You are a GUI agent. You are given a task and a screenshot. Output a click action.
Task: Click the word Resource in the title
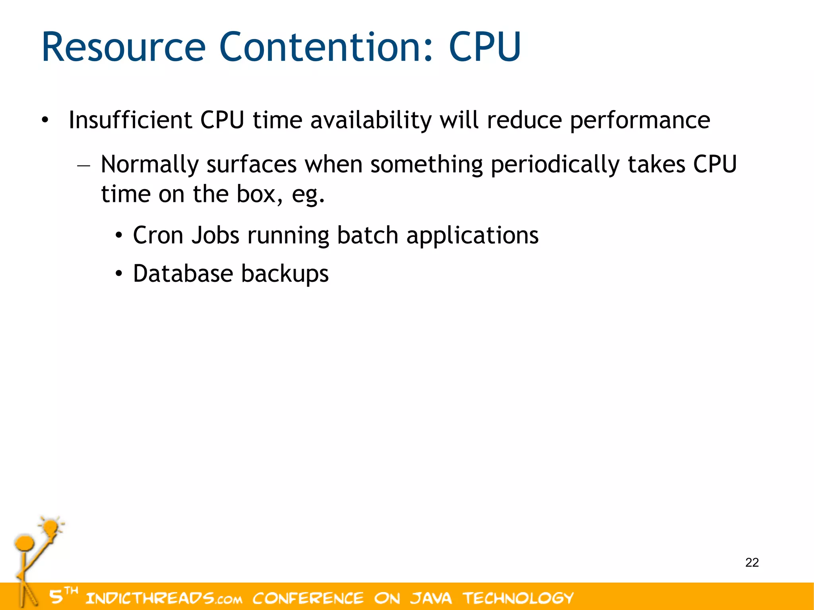(x=123, y=48)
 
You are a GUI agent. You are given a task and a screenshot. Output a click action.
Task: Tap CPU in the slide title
(x=485, y=48)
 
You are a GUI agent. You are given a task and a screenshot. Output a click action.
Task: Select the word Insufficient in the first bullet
(x=130, y=120)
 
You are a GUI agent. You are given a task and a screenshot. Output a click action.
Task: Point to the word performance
(x=640, y=121)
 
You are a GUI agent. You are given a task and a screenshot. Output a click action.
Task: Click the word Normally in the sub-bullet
(x=149, y=165)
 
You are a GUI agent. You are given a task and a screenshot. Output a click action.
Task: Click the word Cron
(x=158, y=235)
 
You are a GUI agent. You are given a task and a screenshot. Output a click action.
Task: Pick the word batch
(x=367, y=235)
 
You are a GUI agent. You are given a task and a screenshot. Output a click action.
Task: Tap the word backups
(x=285, y=275)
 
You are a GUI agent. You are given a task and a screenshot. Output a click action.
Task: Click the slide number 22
(x=752, y=563)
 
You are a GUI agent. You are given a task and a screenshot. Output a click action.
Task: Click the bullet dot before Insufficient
(x=45, y=120)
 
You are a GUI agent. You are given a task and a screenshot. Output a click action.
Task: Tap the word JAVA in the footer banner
(x=431, y=598)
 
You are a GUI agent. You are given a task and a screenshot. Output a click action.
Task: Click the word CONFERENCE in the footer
(x=308, y=598)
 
